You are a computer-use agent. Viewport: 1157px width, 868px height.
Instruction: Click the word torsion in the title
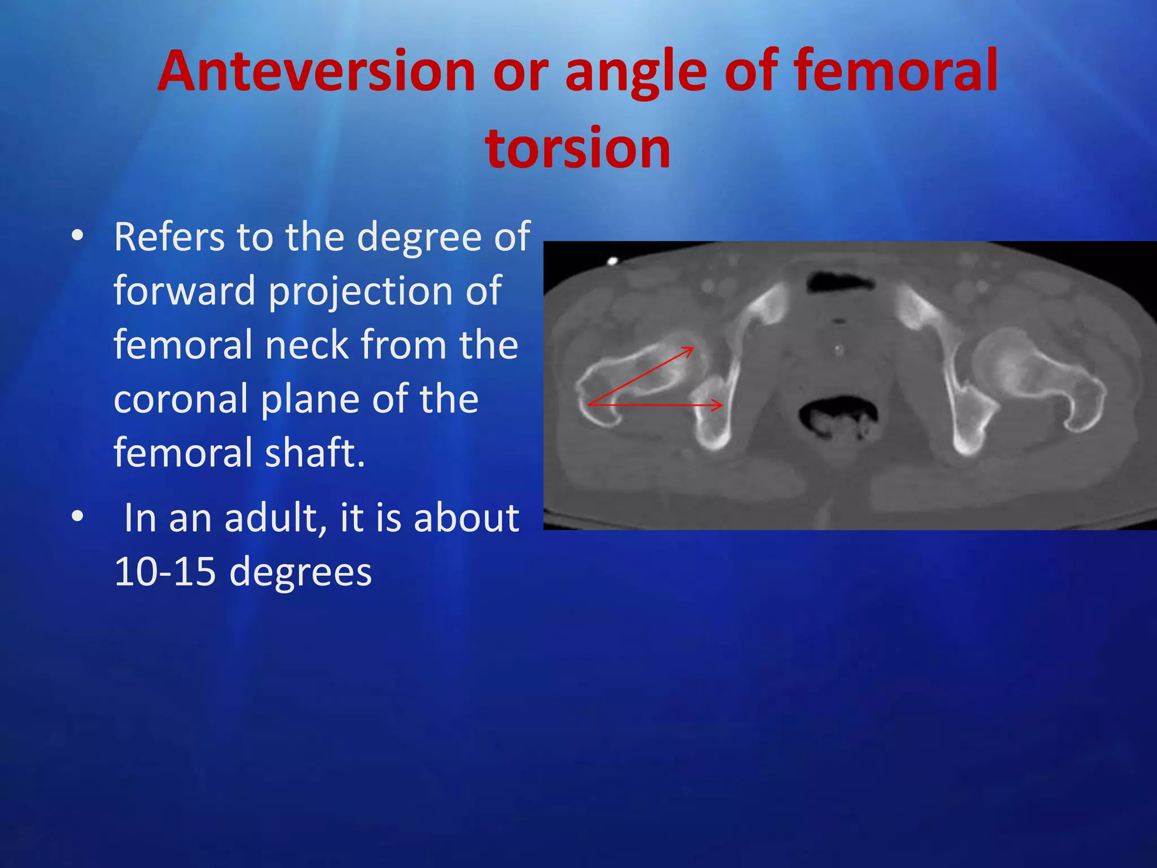pyautogui.click(x=577, y=148)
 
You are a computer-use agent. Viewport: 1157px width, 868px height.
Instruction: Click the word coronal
pyautogui.click(x=181, y=399)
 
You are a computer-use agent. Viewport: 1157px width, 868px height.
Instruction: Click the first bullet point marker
pyautogui.click(x=77, y=236)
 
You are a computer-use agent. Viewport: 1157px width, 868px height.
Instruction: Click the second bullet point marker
pyautogui.click(x=77, y=516)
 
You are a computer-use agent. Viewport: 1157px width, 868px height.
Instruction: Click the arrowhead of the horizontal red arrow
pyautogui.click(x=720, y=405)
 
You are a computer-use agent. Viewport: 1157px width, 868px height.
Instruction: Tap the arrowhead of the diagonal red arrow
pyautogui.click(x=690, y=350)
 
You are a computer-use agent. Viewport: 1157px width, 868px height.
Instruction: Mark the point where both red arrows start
pyautogui.click(x=589, y=405)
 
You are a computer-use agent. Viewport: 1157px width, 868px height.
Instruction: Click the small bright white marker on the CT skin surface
pyautogui.click(x=612, y=261)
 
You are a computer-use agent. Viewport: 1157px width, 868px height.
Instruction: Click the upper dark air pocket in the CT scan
pyautogui.click(x=840, y=281)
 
